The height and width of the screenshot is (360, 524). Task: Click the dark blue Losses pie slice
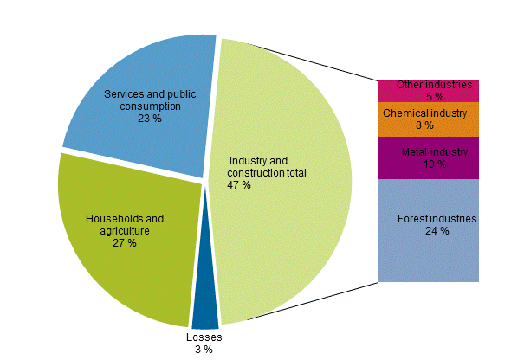205,307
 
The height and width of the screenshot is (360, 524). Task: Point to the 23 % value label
150,119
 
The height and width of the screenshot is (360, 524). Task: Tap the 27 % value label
125,243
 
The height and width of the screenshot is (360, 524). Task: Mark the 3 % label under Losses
204,350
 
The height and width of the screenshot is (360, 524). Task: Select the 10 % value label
436,164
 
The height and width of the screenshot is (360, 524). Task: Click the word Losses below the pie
204,337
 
